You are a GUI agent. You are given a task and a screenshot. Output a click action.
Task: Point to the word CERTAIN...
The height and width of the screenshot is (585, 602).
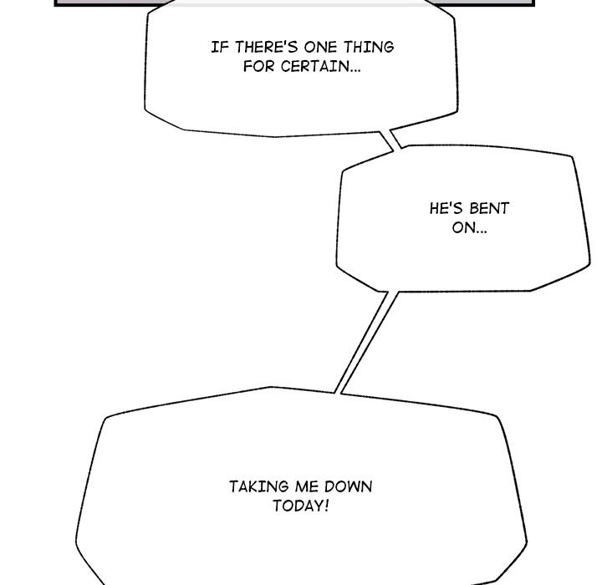click(317, 67)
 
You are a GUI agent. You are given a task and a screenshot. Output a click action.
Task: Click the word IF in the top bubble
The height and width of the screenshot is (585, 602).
click(220, 48)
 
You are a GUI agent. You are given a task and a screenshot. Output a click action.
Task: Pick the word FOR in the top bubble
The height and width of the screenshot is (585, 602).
click(258, 67)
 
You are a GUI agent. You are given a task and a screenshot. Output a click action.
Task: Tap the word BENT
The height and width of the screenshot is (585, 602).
click(489, 209)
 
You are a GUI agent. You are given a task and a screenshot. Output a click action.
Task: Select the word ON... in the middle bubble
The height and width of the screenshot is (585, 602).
click(469, 228)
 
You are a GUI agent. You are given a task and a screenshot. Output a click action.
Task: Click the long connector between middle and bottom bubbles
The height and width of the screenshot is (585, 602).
click(365, 343)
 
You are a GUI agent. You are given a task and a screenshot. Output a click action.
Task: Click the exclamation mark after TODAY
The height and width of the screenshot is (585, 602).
click(327, 506)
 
